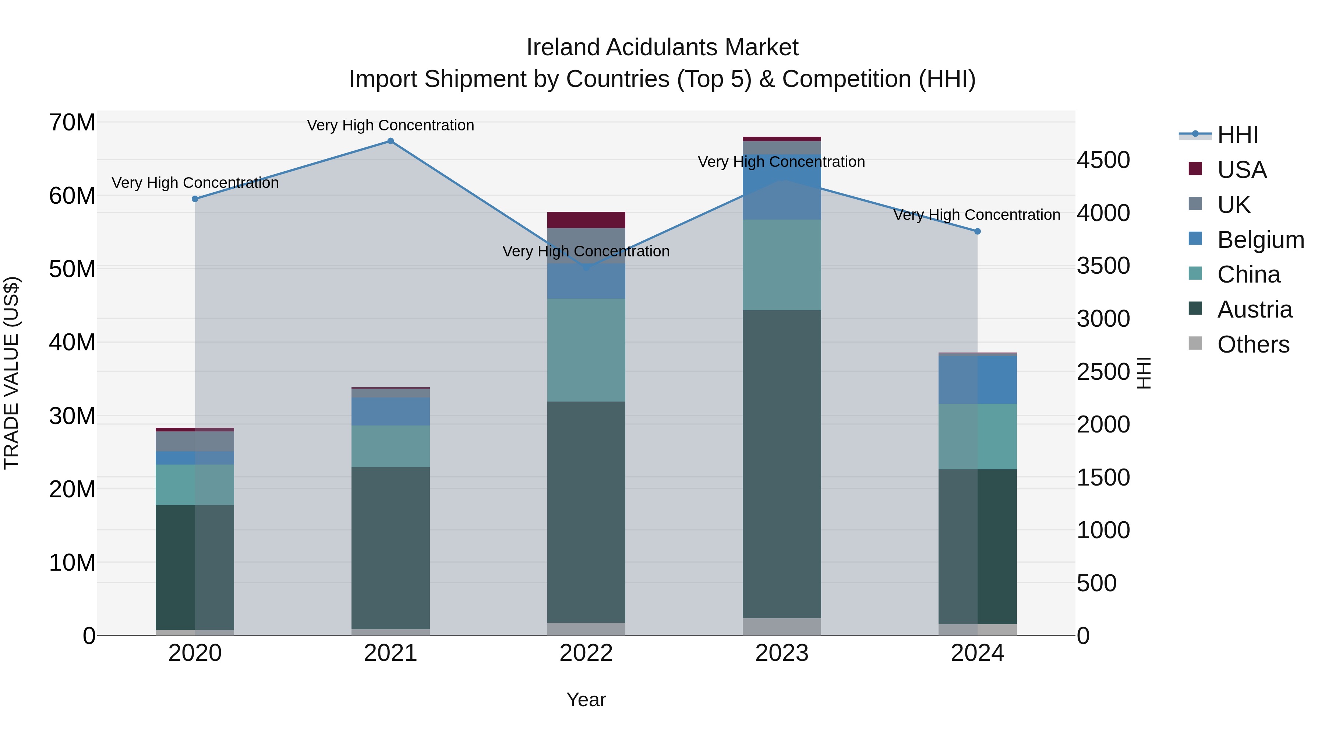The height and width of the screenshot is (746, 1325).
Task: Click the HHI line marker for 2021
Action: pos(391,141)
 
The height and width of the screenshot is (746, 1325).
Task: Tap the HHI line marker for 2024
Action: pos(977,231)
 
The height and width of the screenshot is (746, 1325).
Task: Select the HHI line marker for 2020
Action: pos(195,199)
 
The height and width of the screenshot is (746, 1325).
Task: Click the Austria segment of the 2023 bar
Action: pos(782,463)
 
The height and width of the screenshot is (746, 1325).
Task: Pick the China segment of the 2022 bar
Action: pos(586,350)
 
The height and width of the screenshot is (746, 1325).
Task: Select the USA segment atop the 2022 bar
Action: pos(586,220)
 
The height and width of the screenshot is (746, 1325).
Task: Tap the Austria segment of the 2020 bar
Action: pos(195,566)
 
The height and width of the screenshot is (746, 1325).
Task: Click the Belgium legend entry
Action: pos(1260,240)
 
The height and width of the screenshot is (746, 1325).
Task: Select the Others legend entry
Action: pos(1253,344)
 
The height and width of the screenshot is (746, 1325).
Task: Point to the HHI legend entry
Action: pos(1237,135)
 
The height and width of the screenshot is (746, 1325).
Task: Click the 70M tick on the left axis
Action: pos(72,123)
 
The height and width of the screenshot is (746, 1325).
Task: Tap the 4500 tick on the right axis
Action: pos(1103,160)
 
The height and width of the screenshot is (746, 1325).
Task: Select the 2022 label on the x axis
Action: pos(586,653)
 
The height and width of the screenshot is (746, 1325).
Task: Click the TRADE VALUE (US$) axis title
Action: pos(11,373)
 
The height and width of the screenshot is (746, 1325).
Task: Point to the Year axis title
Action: pos(586,700)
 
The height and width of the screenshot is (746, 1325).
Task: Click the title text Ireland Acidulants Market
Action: pos(662,48)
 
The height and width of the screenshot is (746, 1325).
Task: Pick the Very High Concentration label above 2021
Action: pos(391,125)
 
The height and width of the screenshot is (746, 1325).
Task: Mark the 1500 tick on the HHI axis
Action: pos(1103,478)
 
